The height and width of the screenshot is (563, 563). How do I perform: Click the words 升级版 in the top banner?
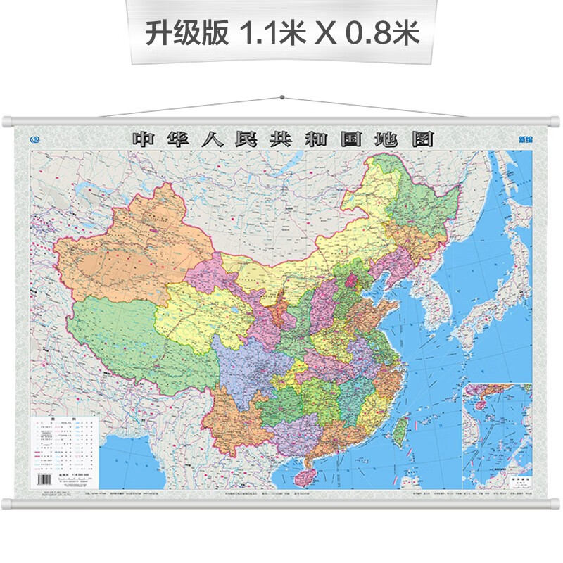coord(186,34)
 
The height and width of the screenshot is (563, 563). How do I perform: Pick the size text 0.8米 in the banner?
coord(381,34)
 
